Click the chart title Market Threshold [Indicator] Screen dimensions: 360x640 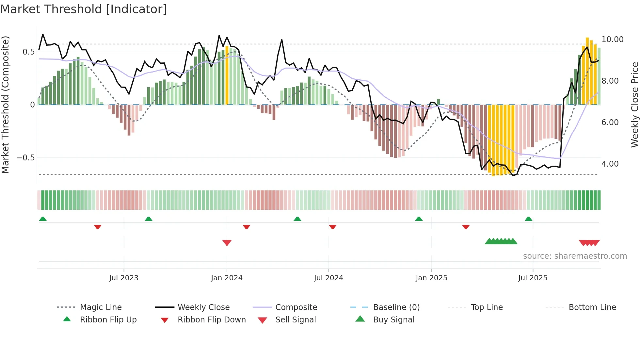[84, 9]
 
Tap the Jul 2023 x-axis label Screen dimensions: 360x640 [124, 278]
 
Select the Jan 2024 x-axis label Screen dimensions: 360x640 [227, 278]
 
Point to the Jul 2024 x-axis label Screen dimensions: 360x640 [328, 278]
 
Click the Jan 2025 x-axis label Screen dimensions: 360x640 [431, 278]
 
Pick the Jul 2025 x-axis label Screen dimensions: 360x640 [533, 278]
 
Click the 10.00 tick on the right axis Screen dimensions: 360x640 [612, 40]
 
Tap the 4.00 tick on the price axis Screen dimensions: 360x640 [610, 164]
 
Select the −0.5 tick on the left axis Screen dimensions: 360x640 [25, 158]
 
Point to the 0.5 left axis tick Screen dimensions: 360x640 [28, 52]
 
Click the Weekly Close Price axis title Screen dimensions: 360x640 [634, 105]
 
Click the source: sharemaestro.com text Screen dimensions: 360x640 [575, 256]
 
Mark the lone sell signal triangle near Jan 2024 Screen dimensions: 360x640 [227, 243]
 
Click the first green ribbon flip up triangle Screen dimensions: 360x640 [43, 219]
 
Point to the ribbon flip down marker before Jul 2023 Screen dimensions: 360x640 [97, 227]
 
